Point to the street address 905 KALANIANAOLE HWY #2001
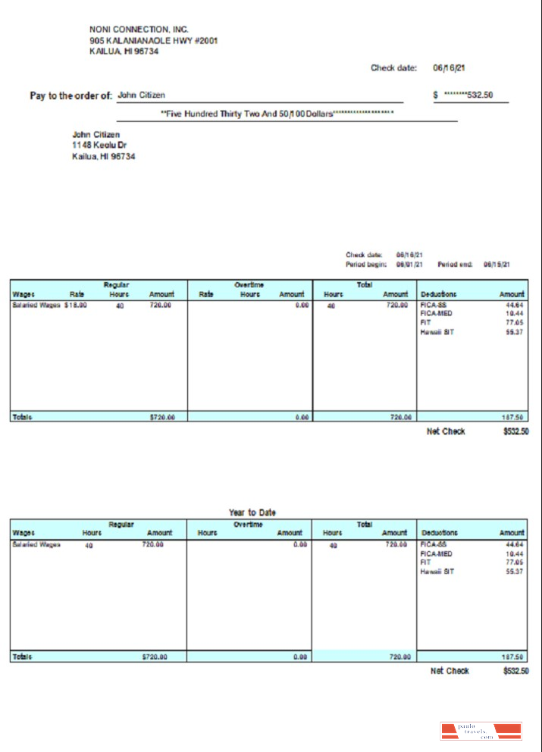tap(153, 40)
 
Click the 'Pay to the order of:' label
tap(70, 96)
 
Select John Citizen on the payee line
tap(142, 95)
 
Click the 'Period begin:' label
tap(366, 265)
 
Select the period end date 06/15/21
tap(497, 265)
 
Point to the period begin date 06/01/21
tap(409, 265)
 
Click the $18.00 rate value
tap(76, 305)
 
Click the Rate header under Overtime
tap(205, 294)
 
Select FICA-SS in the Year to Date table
tap(434, 544)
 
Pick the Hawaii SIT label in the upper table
tap(437, 331)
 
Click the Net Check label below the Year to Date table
tap(450, 671)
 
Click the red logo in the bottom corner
tap(481, 732)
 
